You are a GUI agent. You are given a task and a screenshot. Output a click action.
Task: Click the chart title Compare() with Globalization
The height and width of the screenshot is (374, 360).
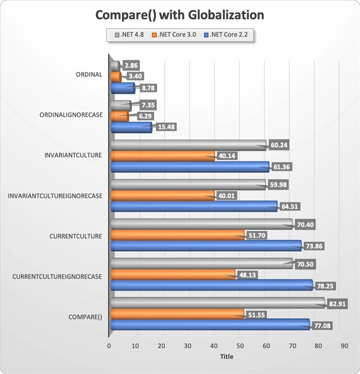click(x=180, y=15)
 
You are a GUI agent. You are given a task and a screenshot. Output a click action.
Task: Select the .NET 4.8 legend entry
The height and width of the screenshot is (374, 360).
click(x=129, y=35)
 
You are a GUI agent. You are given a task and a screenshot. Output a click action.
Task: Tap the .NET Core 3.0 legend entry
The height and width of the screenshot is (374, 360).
click(x=174, y=35)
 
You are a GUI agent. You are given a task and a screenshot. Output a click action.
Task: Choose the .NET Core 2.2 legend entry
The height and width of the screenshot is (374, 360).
click(x=226, y=35)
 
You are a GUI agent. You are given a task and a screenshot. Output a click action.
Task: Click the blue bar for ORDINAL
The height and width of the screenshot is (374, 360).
click(x=123, y=88)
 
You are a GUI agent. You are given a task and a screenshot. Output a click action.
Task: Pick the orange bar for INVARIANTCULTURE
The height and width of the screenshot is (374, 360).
click(x=162, y=156)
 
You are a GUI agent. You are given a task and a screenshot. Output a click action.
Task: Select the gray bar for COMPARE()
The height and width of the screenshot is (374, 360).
click(x=218, y=303)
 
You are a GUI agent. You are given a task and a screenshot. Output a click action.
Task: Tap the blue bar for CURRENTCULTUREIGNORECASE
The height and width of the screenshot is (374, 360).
click(x=212, y=285)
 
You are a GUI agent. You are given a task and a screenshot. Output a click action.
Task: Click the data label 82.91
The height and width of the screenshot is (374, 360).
click(x=337, y=304)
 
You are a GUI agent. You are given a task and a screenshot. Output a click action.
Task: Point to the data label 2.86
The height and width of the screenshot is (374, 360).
click(x=131, y=65)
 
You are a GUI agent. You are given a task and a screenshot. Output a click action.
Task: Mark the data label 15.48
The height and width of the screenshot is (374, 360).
click(x=166, y=127)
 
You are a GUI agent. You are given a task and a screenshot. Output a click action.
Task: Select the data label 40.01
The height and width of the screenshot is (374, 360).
click(x=226, y=196)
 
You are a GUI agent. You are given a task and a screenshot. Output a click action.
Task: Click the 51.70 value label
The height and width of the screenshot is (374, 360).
click(x=257, y=235)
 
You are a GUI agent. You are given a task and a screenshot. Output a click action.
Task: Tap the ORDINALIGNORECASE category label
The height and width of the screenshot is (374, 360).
click(x=71, y=115)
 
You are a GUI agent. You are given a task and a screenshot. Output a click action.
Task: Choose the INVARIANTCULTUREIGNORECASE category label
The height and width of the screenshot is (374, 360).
click(x=55, y=196)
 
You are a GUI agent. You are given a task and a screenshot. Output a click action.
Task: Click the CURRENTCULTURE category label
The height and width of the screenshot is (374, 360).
click(x=76, y=236)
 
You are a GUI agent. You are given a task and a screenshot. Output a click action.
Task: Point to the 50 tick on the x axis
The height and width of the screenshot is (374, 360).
click(x=240, y=346)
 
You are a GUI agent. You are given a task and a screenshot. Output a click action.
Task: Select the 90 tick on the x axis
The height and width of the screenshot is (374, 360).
click(x=344, y=346)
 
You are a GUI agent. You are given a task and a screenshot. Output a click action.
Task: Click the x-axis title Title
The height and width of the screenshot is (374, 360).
click(x=227, y=356)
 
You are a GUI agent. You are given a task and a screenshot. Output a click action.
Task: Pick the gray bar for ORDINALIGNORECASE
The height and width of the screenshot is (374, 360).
click(x=121, y=106)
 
